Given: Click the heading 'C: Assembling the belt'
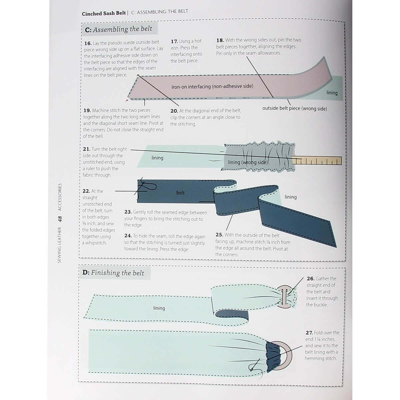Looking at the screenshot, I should coord(119,29).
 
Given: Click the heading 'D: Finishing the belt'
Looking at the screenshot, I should coord(113,273).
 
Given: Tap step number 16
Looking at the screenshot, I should coord(88,43).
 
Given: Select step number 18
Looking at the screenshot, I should coord(220,40).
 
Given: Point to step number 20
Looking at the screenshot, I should coord(174,111).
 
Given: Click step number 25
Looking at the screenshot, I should coord(219,235).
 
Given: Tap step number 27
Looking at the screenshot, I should coord(309,333).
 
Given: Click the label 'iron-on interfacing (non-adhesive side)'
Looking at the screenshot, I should coord(212,86).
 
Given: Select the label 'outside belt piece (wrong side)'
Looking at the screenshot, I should coord(294,109).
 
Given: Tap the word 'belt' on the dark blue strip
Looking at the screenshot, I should coord(180,193).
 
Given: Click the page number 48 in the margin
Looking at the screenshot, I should coord(60,219).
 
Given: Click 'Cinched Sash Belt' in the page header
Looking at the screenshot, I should coord(104,13).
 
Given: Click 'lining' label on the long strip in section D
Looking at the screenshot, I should coord(159,308).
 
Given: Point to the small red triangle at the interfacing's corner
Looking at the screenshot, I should coord(127,100).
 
